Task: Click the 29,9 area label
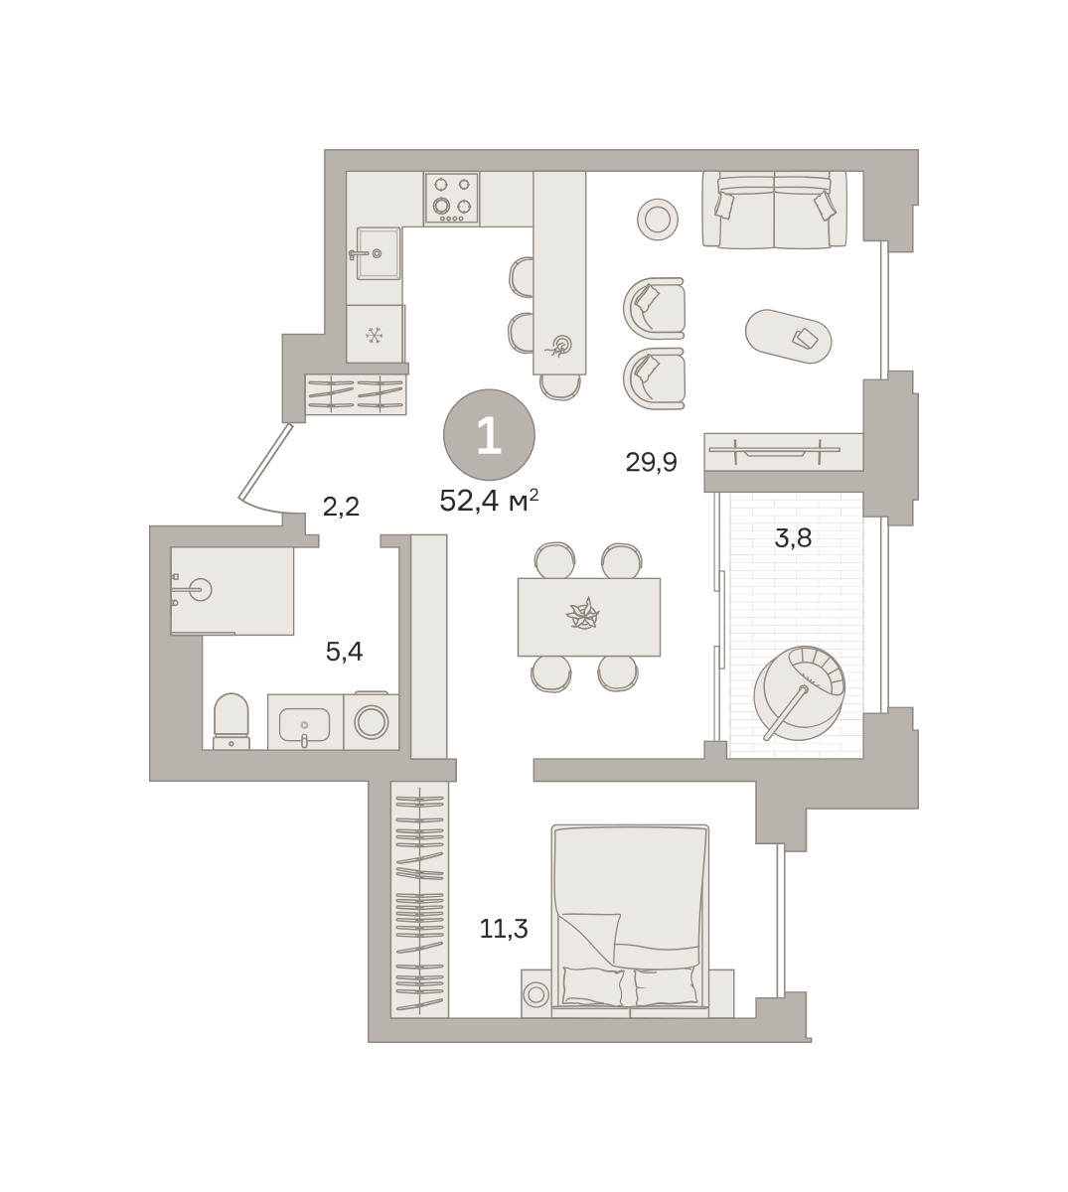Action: click(651, 463)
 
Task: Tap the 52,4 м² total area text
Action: click(489, 502)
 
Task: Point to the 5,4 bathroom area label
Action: click(344, 652)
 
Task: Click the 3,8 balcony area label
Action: click(793, 537)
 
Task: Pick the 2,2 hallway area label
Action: click(341, 506)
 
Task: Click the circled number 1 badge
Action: click(489, 434)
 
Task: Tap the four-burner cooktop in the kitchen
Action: click(451, 199)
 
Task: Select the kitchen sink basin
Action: click(379, 253)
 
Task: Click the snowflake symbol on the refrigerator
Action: click(375, 336)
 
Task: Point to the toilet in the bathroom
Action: click(231, 721)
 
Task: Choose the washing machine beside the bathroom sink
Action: click(371, 721)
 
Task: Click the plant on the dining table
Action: click(582, 614)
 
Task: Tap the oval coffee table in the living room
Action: click(789, 336)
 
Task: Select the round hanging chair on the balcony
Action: click(799, 693)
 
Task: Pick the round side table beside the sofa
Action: click(658, 220)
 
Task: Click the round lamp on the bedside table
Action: click(535, 995)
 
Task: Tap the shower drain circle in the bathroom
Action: click(201, 589)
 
